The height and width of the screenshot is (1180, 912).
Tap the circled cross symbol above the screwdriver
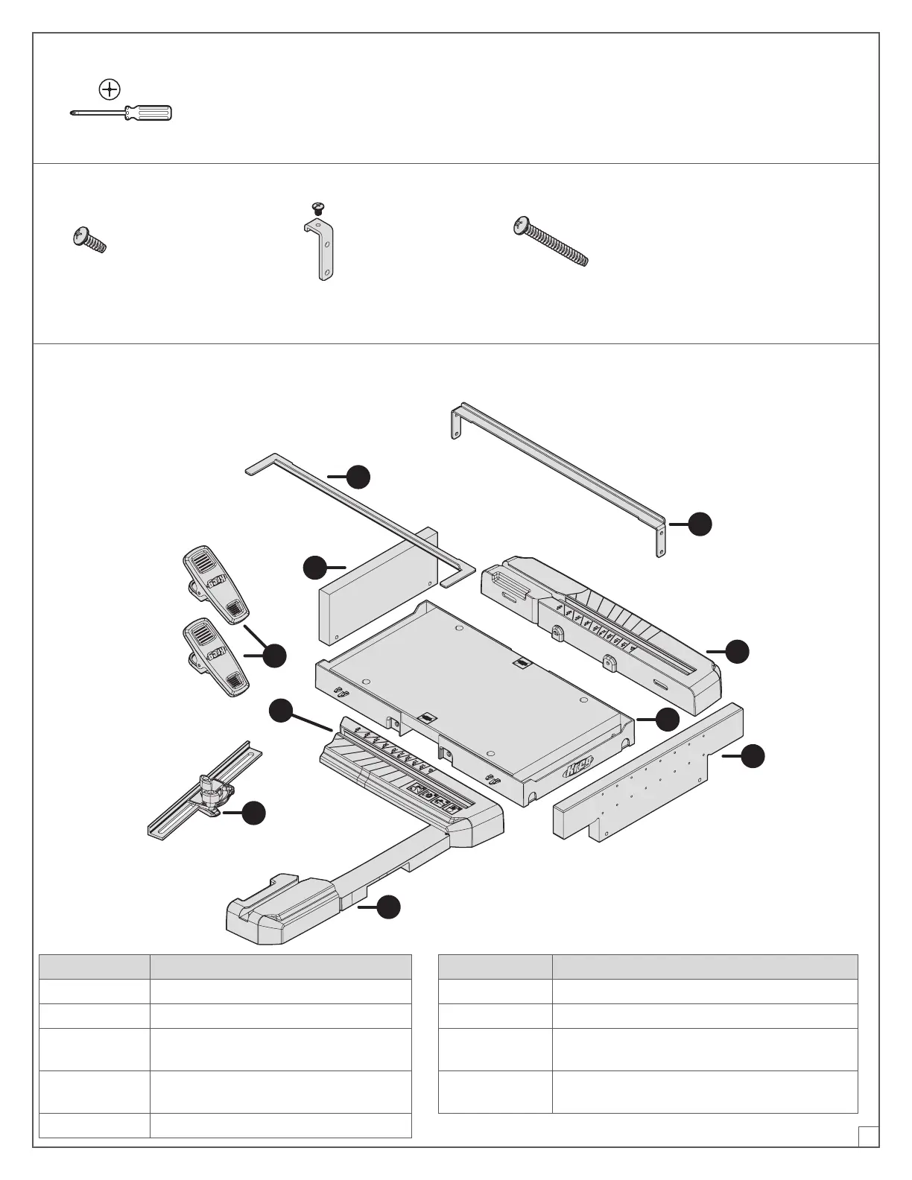coord(110,89)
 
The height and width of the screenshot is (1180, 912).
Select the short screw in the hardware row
coord(89,241)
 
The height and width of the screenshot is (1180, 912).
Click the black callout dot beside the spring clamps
coord(275,656)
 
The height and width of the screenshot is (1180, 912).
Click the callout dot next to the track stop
coord(254,813)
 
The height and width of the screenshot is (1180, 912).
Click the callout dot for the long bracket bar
coord(700,524)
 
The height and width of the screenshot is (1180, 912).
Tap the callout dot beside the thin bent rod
coord(359,477)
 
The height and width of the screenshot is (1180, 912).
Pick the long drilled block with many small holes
coord(648,771)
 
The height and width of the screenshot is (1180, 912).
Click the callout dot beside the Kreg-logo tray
coord(668,719)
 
